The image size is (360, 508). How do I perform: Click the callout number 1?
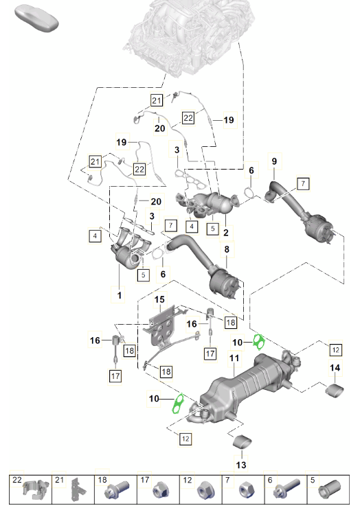pyautogui.click(x=120, y=295)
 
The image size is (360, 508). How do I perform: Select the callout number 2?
pyautogui.click(x=226, y=232)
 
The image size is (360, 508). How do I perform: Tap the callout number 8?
pyautogui.click(x=227, y=249)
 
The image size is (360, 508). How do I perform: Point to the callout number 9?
pyautogui.click(x=274, y=161)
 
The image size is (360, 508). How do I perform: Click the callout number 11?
pyautogui.click(x=234, y=358)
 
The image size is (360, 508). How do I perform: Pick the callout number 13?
pyautogui.click(x=241, y=465)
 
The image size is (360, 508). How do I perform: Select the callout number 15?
pyautogui.click(x=159, y=299)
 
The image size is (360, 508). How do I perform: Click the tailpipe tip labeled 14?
pyautogui.click(x=335, y=389)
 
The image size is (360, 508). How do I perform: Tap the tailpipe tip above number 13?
pyautogui.click(x=242, y=442)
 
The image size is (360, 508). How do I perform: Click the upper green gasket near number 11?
pyautogui.click(x=259, y=342)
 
